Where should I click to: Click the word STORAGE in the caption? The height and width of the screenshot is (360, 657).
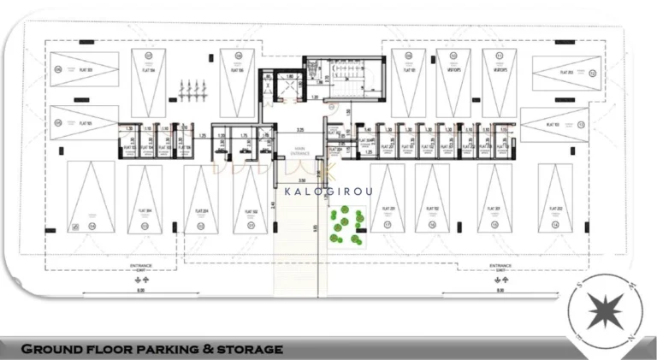(x=249, y=349)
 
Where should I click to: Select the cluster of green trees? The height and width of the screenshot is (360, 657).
(x=344, y=228)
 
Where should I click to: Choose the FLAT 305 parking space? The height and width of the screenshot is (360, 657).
(x=84, y=122)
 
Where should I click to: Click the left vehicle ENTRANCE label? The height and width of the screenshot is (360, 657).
(x=141, y=265)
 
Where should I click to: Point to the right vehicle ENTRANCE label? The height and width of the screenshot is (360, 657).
(x=500, y=265)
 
